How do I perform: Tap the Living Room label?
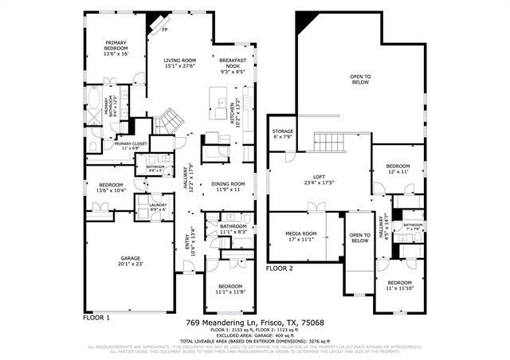click(x=180, y=63)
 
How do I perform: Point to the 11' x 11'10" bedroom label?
click(x=400, y=285)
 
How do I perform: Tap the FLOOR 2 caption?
click(x=280, y=269)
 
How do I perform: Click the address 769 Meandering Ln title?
click(x=255, y=323)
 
